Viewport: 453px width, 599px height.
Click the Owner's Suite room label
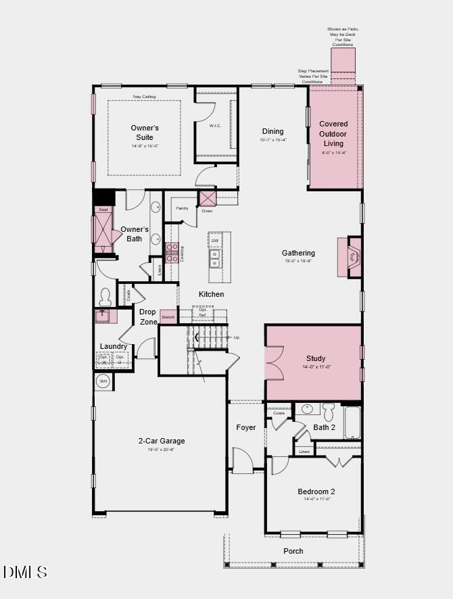[x=145, y=132]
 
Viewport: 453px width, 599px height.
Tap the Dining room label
[x=273, y=131]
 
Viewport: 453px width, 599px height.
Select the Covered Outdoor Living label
[x=333, y=133]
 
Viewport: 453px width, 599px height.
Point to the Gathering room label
[x=298, y=253]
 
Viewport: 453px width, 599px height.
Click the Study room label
[x=316, y=358]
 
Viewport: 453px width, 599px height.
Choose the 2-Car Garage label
[x=162, y=441]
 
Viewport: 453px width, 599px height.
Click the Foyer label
[x=245, y=427]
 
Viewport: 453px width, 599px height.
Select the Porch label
[x=293, y=551]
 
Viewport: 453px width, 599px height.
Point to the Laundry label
[x=114, y=346]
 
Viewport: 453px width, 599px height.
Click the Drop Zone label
[x=148, y=316]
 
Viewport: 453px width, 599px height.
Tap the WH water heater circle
[x=103, y=381]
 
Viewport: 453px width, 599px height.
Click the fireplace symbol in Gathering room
[x=353, y=257]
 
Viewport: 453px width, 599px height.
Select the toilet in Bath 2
[x=329, y=411]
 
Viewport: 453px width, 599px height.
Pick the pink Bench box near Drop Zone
[x=168, y=316]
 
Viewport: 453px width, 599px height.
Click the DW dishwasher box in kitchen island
[x=215, y=241]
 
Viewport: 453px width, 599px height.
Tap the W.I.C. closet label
[x=216, y=125]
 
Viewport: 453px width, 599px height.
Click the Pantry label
[x=182, y=208]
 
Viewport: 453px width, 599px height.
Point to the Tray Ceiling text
[x=144, y=97]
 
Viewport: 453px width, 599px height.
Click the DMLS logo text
[x=25, y=572]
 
